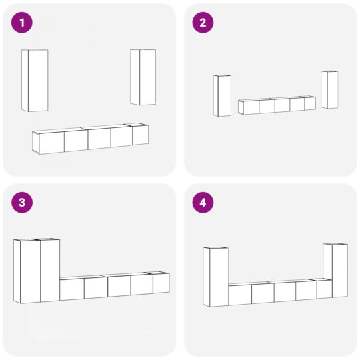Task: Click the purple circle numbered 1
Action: click(x=22, y=23)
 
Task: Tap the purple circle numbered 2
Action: click(x=203, y=23)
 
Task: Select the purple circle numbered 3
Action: click(x=22, y=203)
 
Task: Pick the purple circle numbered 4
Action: click(x=203, y=203)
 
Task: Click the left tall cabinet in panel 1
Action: click(x=35, y=81)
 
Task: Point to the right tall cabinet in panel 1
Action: click(x=143, y=77)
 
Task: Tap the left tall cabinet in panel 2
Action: click(x=222, y=95)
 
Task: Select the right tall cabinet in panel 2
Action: click(x=329, y=89)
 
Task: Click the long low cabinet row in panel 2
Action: click(x=277, y=105)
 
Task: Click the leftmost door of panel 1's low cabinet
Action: click(x=51, y=143)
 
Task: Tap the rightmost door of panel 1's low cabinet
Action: click(x=140, y=135)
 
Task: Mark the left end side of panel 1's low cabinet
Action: click(x=35, y=143)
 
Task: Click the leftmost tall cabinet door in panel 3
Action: click(x=30, y=272)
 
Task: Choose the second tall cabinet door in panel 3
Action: click(x=50, y=271)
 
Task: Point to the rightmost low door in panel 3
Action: click(x=161, y=283)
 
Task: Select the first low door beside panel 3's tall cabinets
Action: click(x=72, y=289)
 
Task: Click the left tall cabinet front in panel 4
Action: click(x=219, y=277)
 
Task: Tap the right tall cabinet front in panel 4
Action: click(x=340, y=271)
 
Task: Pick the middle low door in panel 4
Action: click(x=285, y=292)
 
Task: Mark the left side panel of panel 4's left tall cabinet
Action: click(x=207, y=277)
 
